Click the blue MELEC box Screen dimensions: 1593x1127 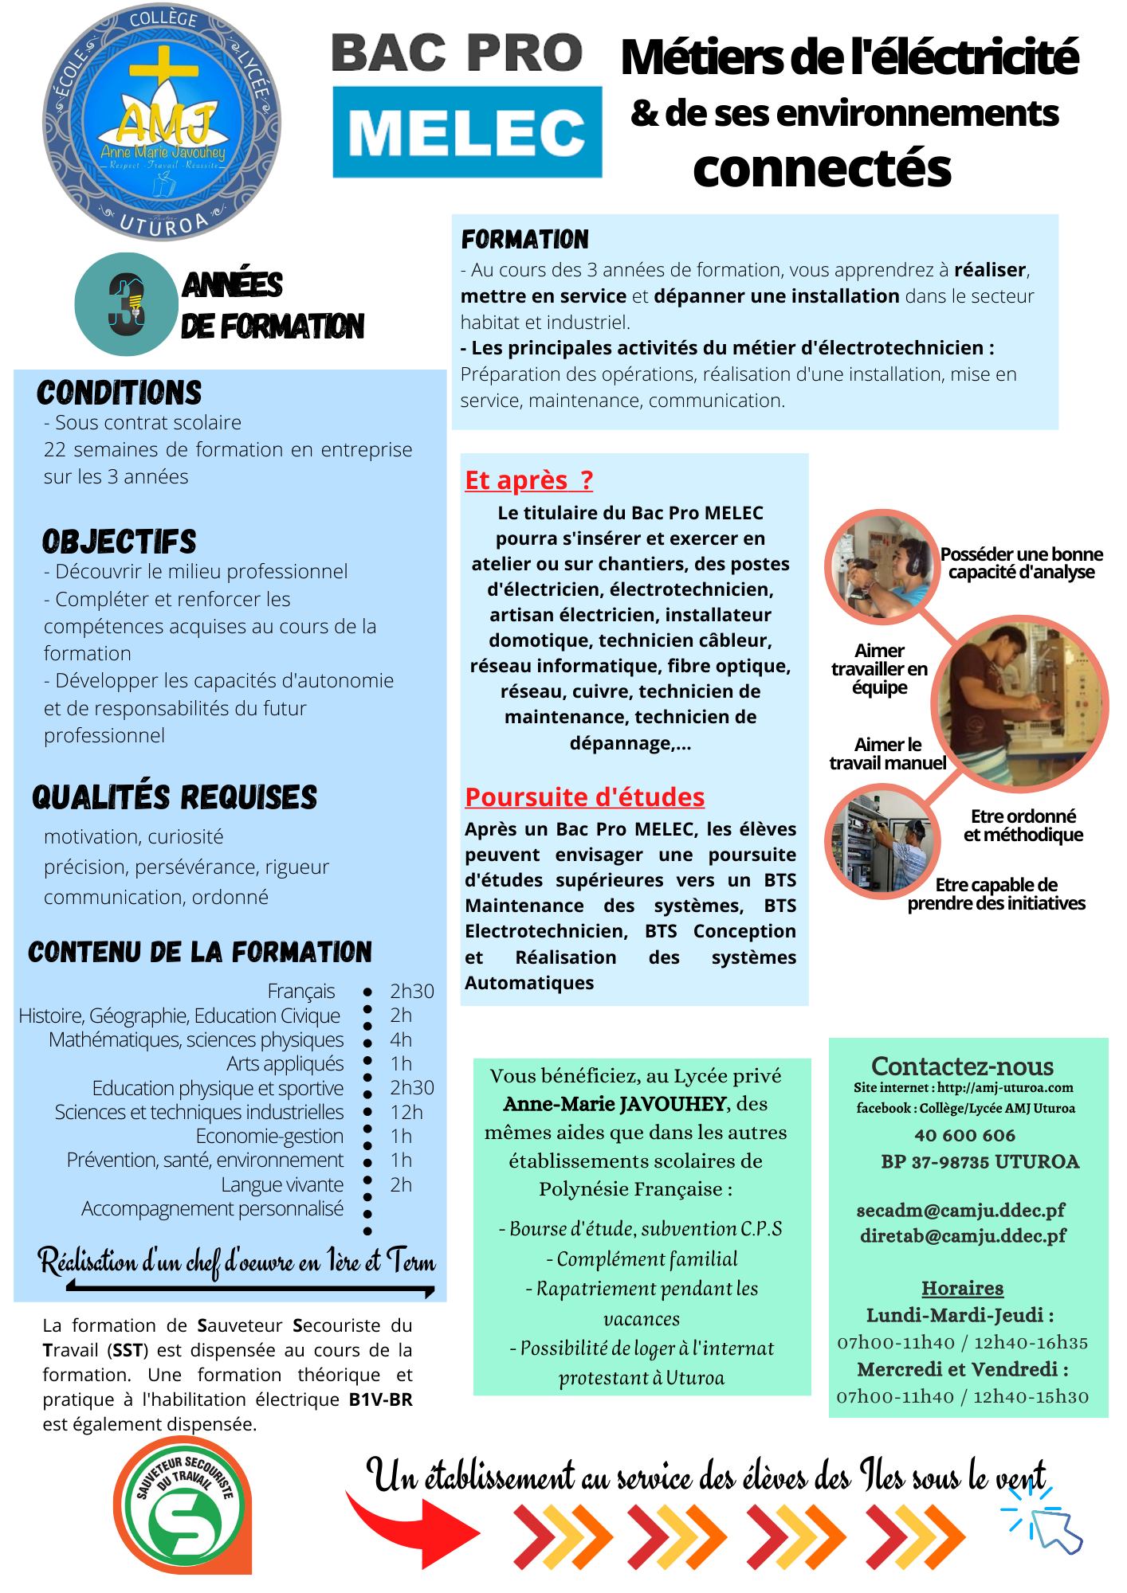point(467,132)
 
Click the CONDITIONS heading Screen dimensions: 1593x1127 point(120,393)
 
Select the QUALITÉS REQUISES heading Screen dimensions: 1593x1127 point(175,797)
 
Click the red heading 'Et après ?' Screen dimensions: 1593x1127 point(528,480)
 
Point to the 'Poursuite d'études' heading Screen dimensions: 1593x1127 point(584,797)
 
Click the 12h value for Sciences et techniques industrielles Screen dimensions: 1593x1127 point(406,1112)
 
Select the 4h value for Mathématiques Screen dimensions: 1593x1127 point(401,1039)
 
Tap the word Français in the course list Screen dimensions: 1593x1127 point(301,991)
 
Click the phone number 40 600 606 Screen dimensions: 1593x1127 point(964,1135)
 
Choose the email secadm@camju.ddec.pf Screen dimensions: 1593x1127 point(960,1211)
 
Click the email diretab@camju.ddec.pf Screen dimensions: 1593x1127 point(963,1235)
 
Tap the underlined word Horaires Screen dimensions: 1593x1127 point(962,1288)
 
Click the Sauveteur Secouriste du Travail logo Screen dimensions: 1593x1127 point(184,1521)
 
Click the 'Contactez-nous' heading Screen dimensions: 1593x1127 point(962,1066)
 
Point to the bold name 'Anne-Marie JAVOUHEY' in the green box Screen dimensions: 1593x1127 point(615,1104)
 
